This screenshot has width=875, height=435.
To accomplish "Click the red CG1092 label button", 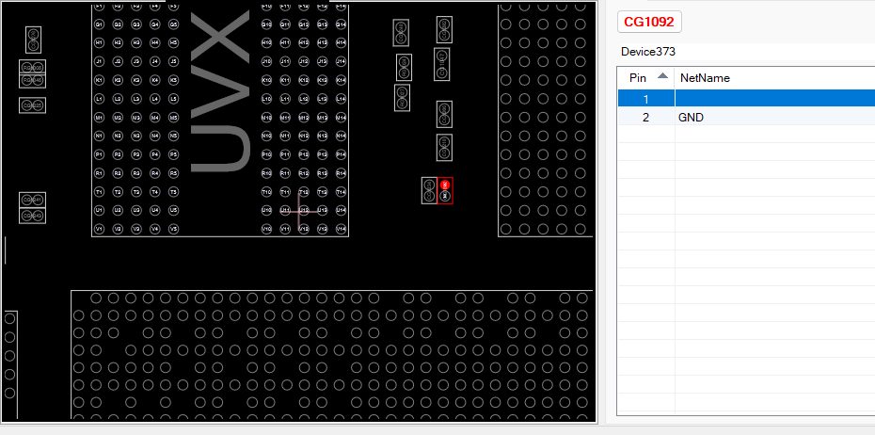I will pyautogui.click(x=649, y=22).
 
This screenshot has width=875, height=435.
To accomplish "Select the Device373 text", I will pyautogui.click(x=648, y=52).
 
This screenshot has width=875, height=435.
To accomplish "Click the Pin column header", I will pyautogui.click(x=638, y=78).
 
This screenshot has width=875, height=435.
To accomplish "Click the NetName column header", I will pyautogui.click(x=705, y=78).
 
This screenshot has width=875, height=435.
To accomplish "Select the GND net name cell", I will pyautogui.click(x=691, y=118).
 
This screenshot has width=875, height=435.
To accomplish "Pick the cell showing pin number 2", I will pyautogui.click(x=645, y=118).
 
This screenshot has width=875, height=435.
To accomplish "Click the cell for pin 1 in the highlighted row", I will pyautogui.click(x=645, y=99).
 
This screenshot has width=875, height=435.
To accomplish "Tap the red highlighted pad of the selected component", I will pyautogui.click(x=446, y=185).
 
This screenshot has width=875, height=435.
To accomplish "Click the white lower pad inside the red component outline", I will pyautogui.click(x=446, y=196).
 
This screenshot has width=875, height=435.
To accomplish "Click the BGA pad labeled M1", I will pyautogui.click(x=99, y=118).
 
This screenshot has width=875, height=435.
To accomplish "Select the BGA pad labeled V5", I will pyautogui.click(x=173, y=229).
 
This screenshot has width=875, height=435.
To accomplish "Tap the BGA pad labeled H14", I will pyautogui.click(x=341, y=42).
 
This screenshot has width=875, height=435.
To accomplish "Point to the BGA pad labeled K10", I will pyautogui.click(x=266, y=80).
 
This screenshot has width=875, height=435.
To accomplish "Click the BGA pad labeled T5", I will pyautogui.click(x=173, y=192).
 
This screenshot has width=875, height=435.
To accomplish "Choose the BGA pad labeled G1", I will pyautogui.click(x=99, y=24).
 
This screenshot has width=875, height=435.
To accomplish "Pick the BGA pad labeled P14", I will pyautogui.click(x=341, y=154).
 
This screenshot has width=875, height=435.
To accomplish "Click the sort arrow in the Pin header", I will pyautogui.click(x=662, y=75).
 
